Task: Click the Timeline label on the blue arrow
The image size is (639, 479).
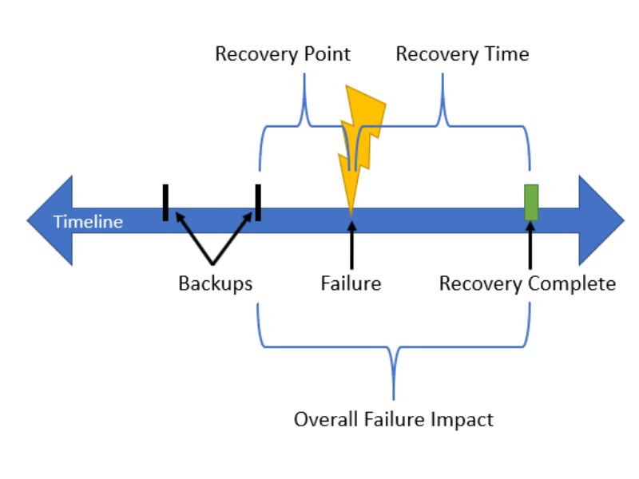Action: [88, 222]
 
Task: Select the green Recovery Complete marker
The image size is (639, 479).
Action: [530, 202]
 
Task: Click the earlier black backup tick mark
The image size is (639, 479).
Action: [165, 202]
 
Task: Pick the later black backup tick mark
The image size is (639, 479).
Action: [257, 202]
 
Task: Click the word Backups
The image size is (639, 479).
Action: [215, 283]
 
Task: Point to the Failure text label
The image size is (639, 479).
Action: [351, 283]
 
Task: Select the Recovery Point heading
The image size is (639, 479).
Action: [283, 54]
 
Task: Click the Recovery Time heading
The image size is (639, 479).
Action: [462, 54]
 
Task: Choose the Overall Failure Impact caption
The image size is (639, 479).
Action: [393, 419]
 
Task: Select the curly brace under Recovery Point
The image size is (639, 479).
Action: [304, 124]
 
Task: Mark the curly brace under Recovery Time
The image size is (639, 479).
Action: [442, 124]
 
